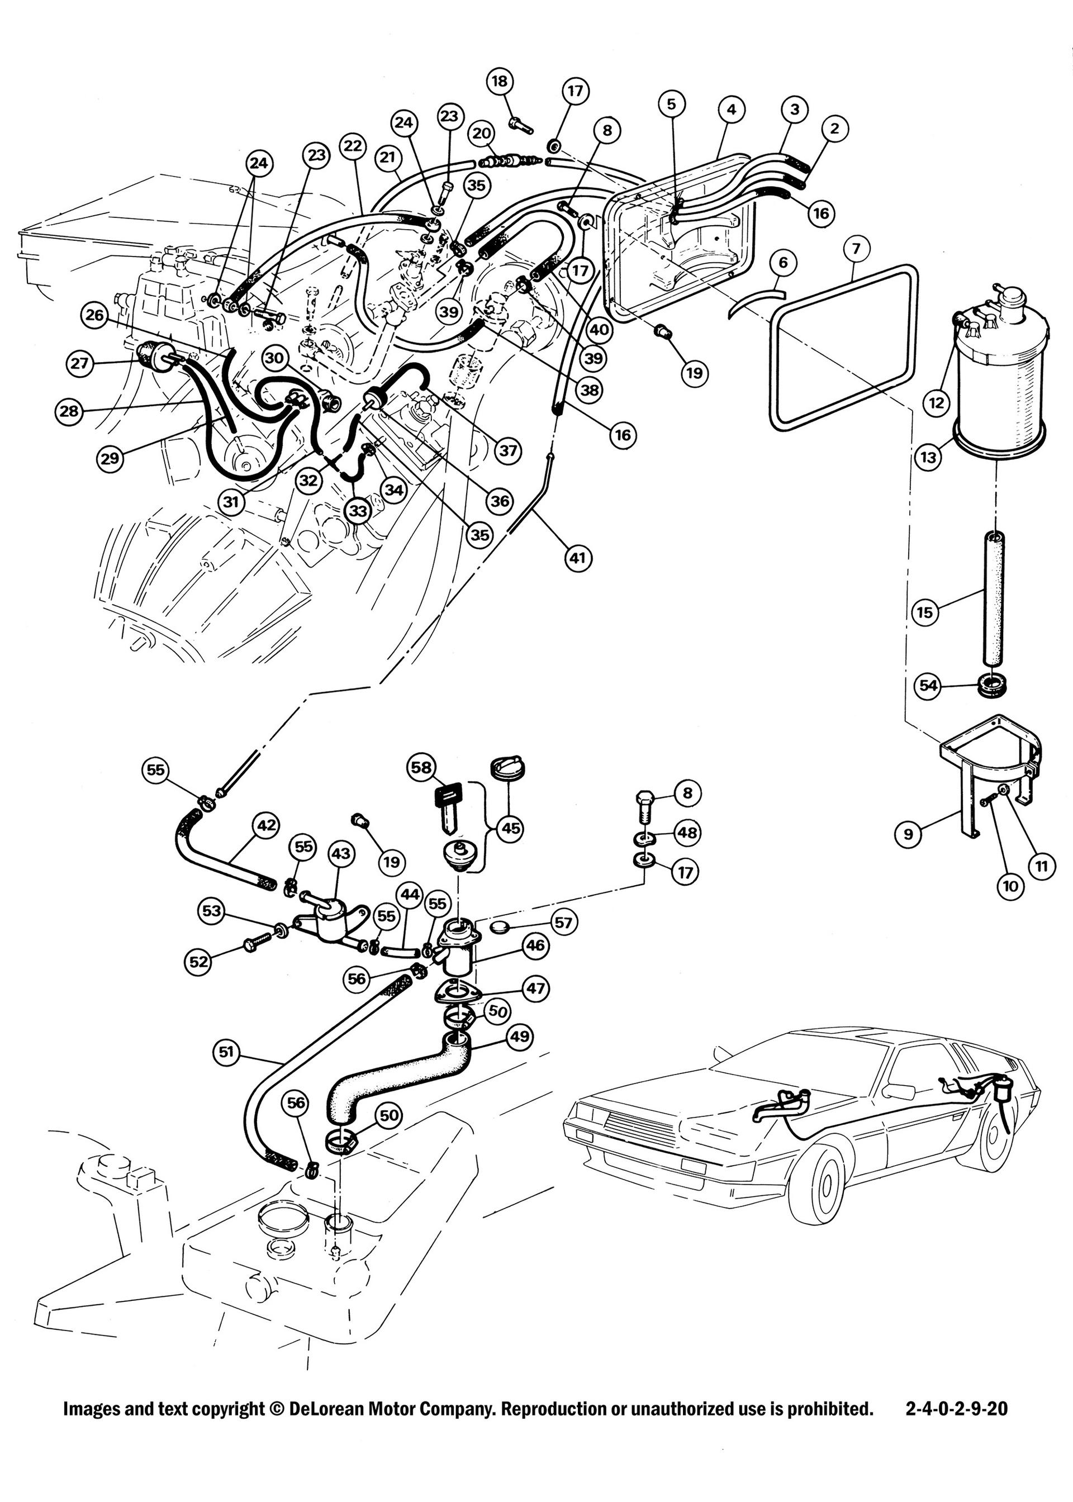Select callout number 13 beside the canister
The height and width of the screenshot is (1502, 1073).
(929, 457)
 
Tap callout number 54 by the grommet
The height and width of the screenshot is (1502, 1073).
(928, 686)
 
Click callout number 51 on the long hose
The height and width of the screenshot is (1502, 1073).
(227, 1052)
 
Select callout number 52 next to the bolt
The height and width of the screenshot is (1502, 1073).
(198, 962)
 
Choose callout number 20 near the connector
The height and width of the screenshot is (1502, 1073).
(481, 133)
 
